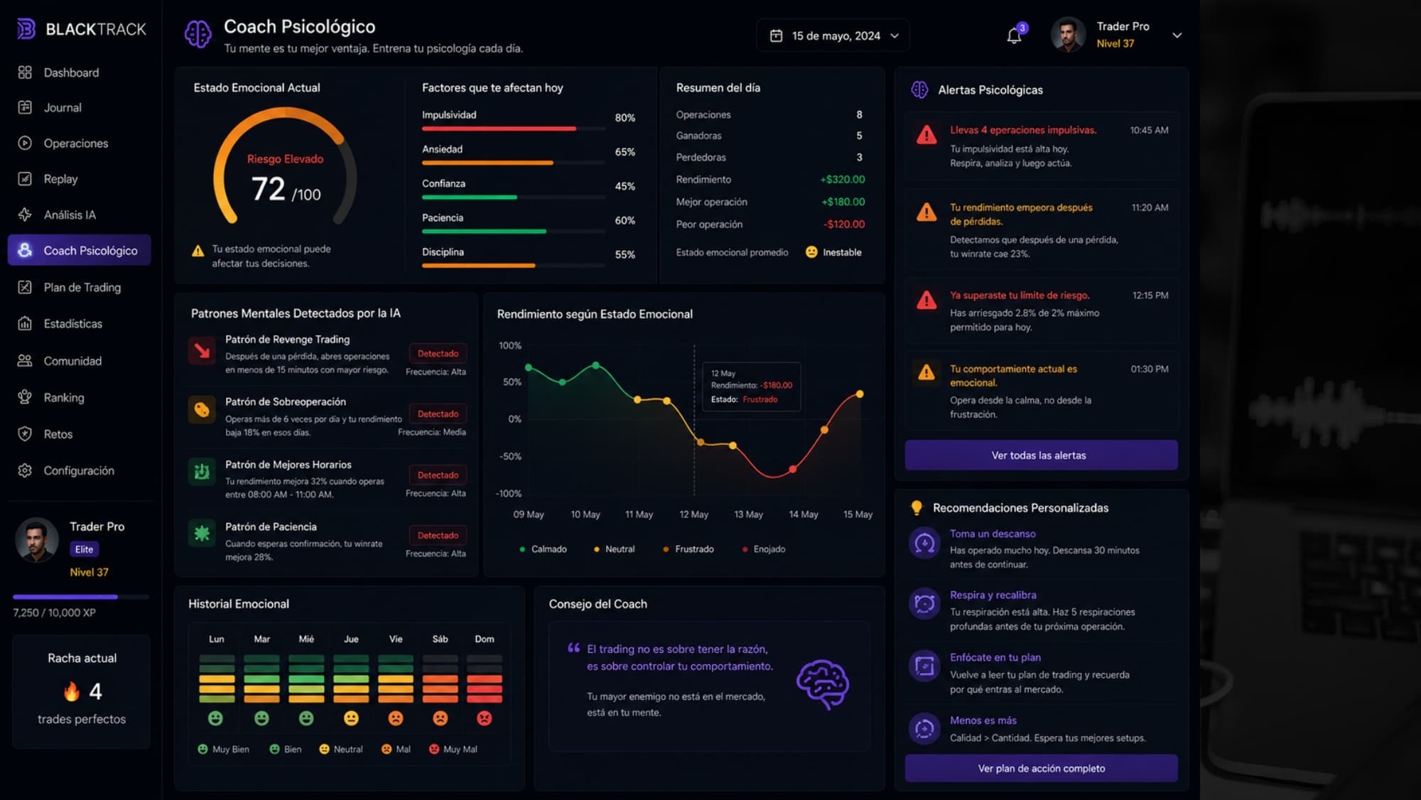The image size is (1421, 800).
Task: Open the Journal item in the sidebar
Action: tap(63, 107)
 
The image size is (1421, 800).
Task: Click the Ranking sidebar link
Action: tap(64, 398)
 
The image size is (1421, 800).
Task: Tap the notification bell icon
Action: tap(1015, 36)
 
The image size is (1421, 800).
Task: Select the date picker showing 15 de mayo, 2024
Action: tap(833, 36)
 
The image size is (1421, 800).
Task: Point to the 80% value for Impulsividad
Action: tap(625, 118)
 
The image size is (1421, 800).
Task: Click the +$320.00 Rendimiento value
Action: tap(843, 180)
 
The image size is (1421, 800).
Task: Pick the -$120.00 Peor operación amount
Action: tap(844, 225)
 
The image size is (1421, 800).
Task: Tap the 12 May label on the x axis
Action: tap(693, 514)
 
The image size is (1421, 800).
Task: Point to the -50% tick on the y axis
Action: tap(511, 456)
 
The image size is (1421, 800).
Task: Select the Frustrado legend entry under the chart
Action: tap(688, 549)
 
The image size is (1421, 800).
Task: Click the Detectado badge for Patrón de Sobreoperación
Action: tap(438, 414)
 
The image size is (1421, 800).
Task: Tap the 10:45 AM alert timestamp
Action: tap(1149, 131)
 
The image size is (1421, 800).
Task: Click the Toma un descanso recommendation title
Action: tap(993, 534)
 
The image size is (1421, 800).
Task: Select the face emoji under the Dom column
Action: tap(485, 718)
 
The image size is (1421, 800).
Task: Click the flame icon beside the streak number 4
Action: tap(72, 691)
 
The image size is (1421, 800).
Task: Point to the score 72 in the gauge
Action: tap(268, 189)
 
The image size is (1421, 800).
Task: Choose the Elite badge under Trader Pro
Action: tap(84, 549)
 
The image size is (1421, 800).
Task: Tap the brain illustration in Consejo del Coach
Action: tap(823, 684)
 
